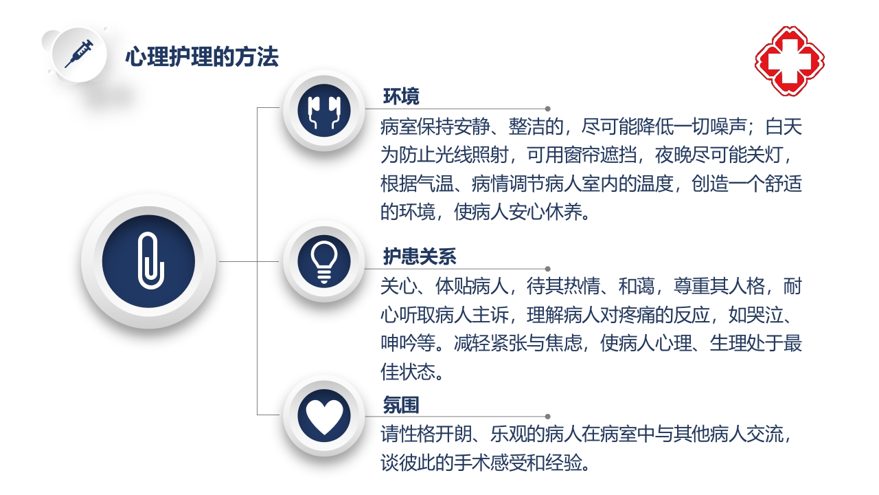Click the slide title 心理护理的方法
(x=202, y=57)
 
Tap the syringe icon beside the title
(x=79, y=54)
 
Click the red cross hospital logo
(x=790, y=60)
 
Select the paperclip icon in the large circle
(x=149, y=261)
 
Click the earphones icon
(x=324, y=113)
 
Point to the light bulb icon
(x=324, y=262)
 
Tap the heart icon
(x=324, y=415)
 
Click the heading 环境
(x=401, y=96)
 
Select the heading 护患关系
(x=420, y=256)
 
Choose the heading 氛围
(x=401, y=405)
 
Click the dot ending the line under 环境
(x=547, y=109)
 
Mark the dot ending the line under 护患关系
(x=547, y=269)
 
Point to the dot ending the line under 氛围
(x=547, y=417)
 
